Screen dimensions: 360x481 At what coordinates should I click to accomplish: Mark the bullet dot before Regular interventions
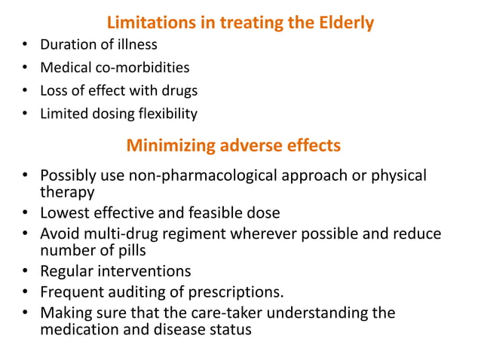coord(26,271)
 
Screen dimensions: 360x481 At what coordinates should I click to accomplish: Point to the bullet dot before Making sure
coord(26,312)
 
